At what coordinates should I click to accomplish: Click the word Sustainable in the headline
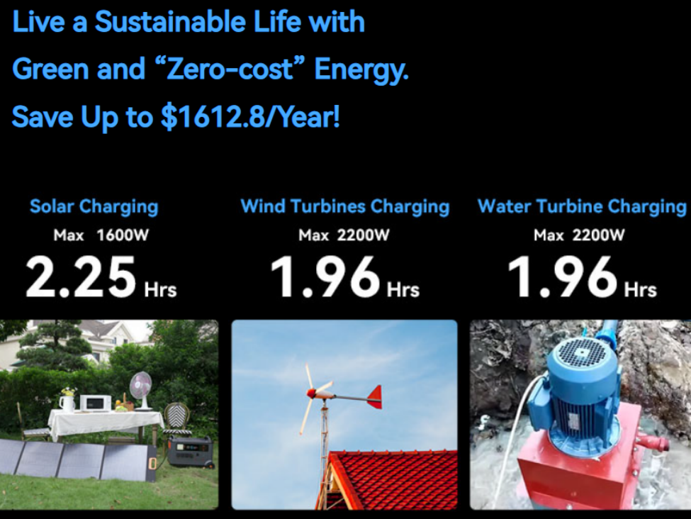pyautogui.click(x=169, y=21)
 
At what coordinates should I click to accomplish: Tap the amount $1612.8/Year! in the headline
pyautogui.click(x=250, y=117)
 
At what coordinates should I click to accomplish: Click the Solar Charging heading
pyautogui.click(x=94, y=207)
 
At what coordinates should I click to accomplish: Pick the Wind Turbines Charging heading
pyautogui.click(x=345, y=206)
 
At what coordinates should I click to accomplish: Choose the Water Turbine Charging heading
pyautogui.click(x=582, y=206)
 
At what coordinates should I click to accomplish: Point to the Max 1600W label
pyautogui.click(x=101, y=235)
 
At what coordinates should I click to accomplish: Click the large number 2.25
pyautogui.click(x=81, y=277)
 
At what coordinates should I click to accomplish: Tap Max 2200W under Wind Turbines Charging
pyautogui.click(x=344, y=235)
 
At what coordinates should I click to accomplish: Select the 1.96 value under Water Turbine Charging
pyautogui.click(x=563, y=277)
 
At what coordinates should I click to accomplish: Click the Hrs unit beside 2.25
pyautogui.click(x=160, y=290)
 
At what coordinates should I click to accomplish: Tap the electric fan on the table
pyautogui.click(x=141, y=391)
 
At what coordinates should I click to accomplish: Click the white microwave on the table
pyautogui.click(x=95, y=403)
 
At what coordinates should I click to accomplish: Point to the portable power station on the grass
pyautogui.click(x=191, y=452)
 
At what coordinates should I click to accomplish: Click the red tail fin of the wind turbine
pyautogui.click(x=374, y=396)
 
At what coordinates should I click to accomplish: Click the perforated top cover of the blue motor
pyautogui.click(x=583, y=353)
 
